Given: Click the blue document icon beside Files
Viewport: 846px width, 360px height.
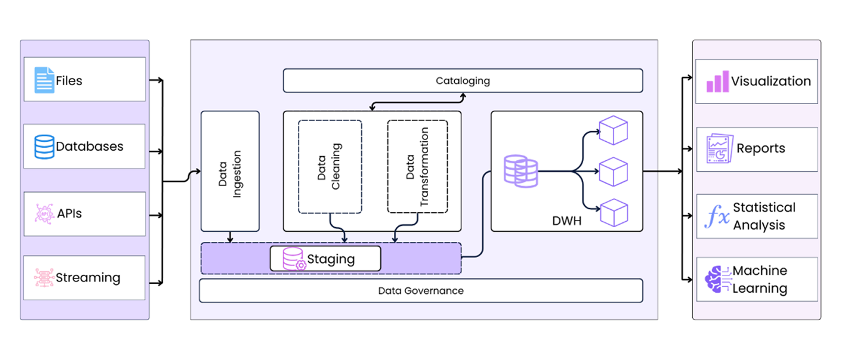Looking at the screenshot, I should [44, 80].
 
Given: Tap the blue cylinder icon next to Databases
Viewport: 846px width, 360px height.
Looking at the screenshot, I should [44, 147].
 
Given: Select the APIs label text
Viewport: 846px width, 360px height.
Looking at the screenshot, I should [69, 214].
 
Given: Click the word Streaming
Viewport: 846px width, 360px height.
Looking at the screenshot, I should [88, 278].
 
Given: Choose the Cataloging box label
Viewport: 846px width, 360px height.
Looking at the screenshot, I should [463, 81].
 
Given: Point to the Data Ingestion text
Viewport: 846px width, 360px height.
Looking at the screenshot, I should [229, 173].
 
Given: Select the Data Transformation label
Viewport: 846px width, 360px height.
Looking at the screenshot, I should [417, 167].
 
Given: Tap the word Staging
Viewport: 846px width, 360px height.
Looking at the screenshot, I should [331, 259].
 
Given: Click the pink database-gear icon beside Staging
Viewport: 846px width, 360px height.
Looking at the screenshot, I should [294, 259].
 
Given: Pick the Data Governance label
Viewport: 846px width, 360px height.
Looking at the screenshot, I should [421, 291].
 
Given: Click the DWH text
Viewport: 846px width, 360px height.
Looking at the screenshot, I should [566, 221].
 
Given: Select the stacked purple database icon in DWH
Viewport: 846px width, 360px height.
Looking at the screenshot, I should [521, 171].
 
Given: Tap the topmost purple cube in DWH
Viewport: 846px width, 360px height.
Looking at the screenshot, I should [613, 130].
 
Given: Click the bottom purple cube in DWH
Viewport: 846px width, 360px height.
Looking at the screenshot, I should [614, 213].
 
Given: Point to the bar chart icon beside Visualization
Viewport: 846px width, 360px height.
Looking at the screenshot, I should [717, 81].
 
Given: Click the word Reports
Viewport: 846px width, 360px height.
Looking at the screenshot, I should [760, 148].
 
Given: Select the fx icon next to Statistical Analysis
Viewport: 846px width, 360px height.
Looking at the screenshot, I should [717, 216].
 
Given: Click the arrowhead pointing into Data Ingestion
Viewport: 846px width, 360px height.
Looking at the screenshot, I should [198, 171].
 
